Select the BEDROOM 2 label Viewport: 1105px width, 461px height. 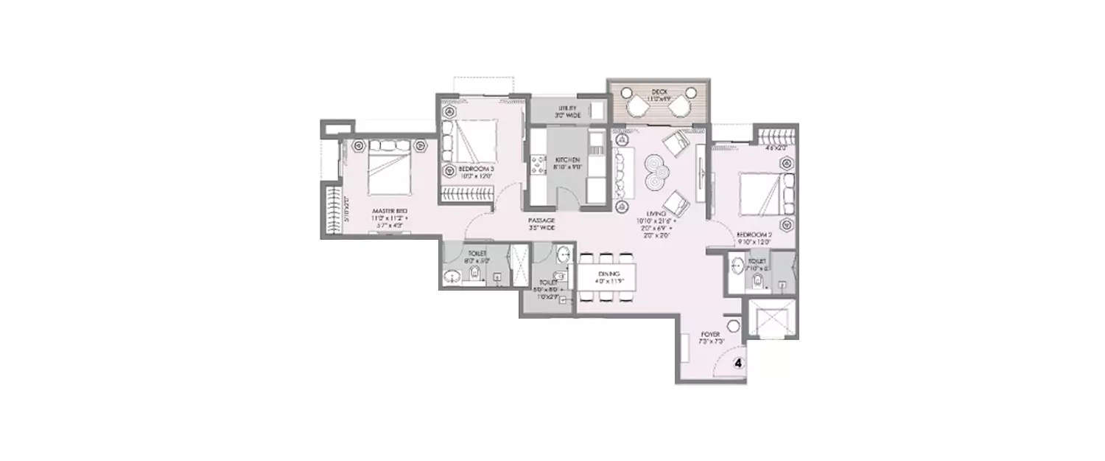click(x=753, y=236)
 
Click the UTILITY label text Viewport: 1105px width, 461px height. click(x=566, y=108)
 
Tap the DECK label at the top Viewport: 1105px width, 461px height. click(x=659, y=91)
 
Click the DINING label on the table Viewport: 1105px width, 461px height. click(x=608, y=274)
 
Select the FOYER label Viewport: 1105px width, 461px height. click(x=709, y=334)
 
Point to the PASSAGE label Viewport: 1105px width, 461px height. click(x=540, y=220)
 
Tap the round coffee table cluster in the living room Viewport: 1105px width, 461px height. click(x=653, y=173)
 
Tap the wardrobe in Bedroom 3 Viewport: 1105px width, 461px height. click(x=467, y=195)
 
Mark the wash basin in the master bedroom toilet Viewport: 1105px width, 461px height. click(x=452, y=277)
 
